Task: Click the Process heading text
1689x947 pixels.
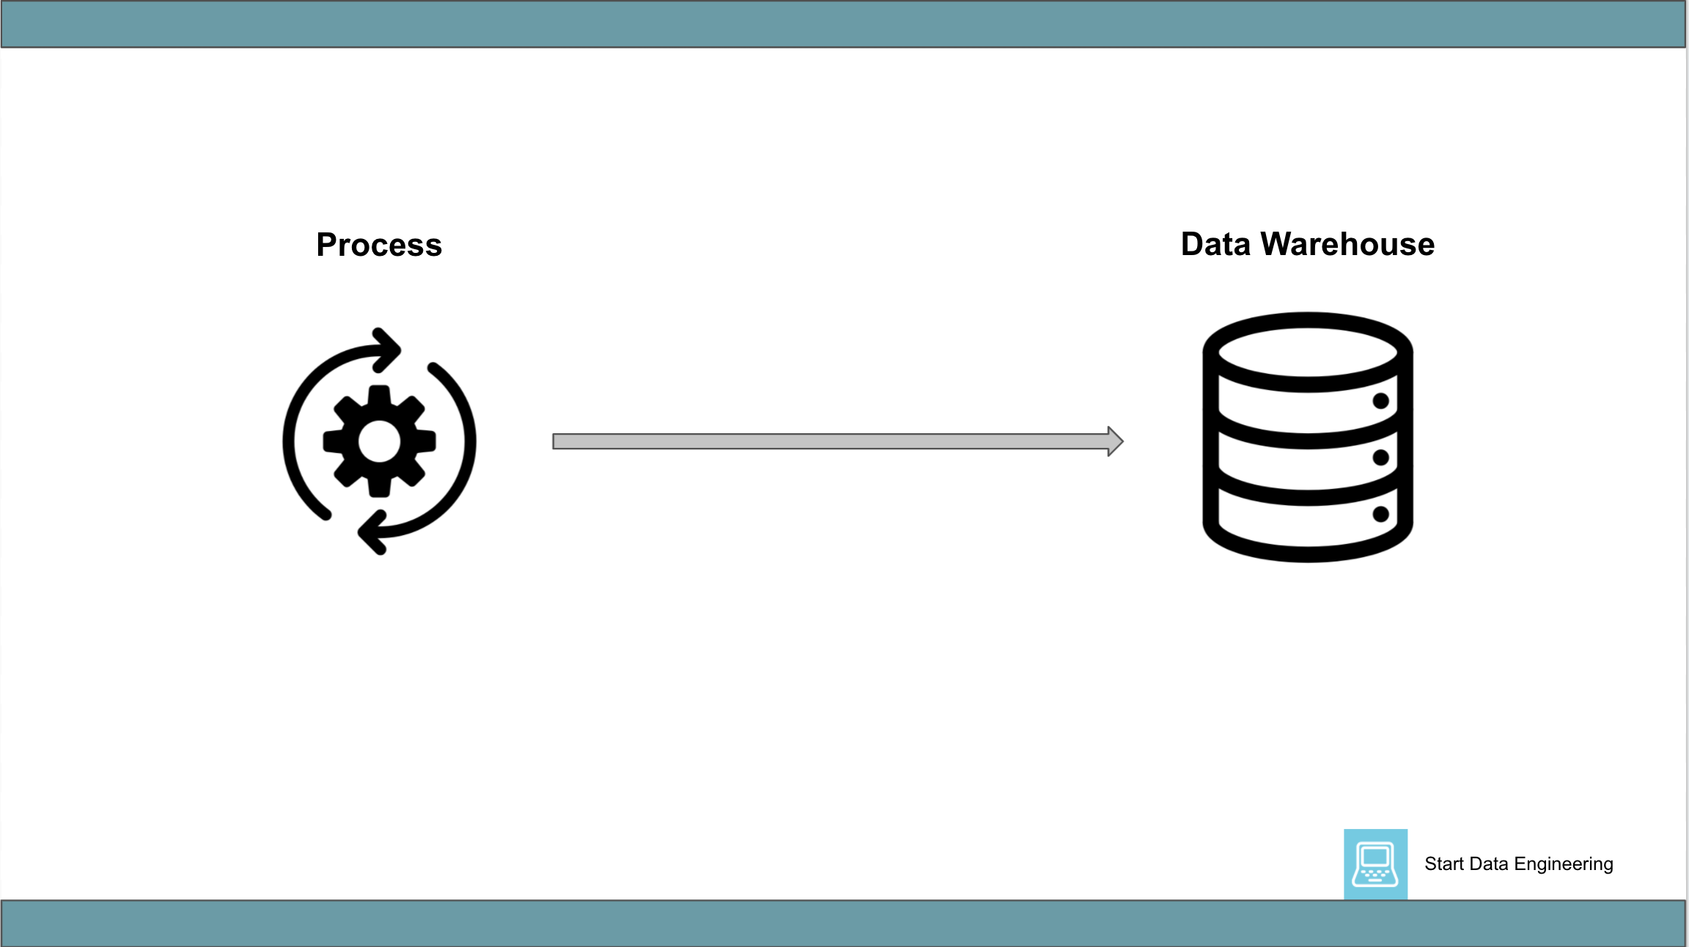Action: coord(379,245)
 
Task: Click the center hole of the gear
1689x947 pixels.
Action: coord(379,441)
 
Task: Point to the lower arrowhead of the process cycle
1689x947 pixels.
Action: coord(372,533)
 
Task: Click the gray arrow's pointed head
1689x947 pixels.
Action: coord(1115,441)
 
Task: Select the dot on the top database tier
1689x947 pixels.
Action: coord(1380,401)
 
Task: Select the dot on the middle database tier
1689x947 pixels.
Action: coord(1380,457)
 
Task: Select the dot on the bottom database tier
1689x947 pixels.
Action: coord(1380,514)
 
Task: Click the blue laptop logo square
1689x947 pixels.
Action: coord(1375,864)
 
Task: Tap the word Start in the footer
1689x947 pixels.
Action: coord(1443,864)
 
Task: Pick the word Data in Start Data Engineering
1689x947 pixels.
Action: coord(1488,864)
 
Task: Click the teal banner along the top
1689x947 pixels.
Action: coord(843,24)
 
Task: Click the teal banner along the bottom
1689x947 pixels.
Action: coord(843,923)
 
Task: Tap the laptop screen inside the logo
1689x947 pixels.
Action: coord(1375,856)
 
